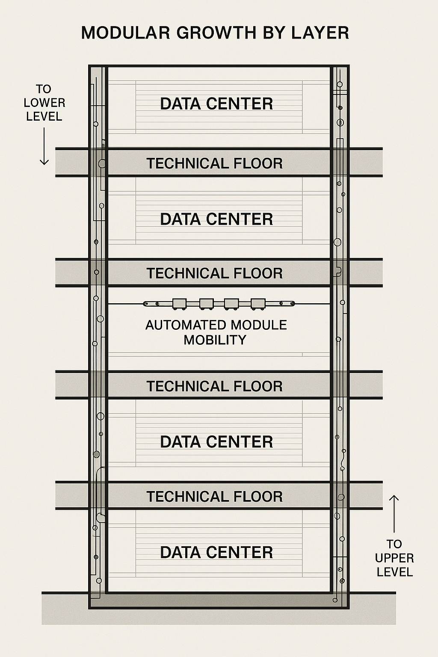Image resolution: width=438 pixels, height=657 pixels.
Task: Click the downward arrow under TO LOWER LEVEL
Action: pyautogui.click(x=44, y=146)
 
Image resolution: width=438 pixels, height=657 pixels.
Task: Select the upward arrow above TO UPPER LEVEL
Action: pyautogui.click(x=394, y=514)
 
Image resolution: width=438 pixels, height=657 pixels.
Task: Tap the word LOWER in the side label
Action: pyautogui.click(x=44, y=103)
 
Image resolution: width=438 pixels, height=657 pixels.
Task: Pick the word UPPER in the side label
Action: pyautogui.click(x=394, y=558)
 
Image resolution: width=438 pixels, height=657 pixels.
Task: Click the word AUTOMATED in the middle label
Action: pyautogui.click(x=180, y=325)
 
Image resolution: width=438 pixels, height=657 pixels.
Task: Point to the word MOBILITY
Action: pyautogui.click(x=215, y=340)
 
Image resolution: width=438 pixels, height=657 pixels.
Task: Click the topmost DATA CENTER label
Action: pyautogui.click(x=216, y=104)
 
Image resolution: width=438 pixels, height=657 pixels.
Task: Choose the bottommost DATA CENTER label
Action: pyautogui.click(x=216, y=552)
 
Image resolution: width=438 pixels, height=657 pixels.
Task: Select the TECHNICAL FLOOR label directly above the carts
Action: pyautogui.click(x=215, y=273)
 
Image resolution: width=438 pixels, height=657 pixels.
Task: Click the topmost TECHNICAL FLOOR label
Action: pyautogui.click(x=215, y=163)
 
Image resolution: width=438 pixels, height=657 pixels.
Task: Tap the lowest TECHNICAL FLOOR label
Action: pyautogui.click(x=215, y=497)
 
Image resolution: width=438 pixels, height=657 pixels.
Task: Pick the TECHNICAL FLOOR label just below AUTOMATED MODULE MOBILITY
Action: pyautogui.click(x=215, y=386)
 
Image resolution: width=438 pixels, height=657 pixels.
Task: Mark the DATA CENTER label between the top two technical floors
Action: pyautogui.click(x=216, y=219)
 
